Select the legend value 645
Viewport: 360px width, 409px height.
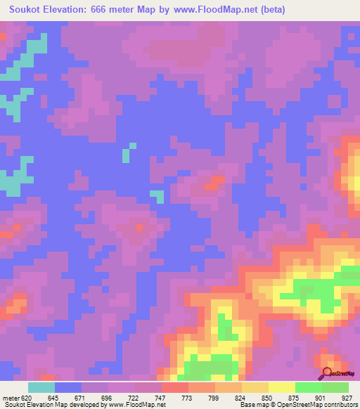coord(52,397)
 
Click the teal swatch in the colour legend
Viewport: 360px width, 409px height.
coord(41,387)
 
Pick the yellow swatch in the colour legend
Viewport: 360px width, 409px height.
coord(281,387)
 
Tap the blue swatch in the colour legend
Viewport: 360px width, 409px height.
coord(68,387)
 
